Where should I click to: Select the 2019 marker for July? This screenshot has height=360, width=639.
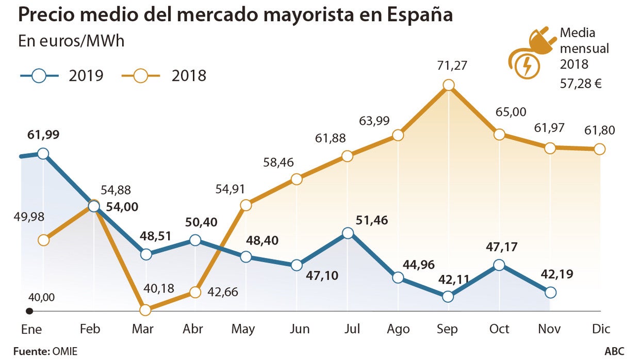click(348, 233)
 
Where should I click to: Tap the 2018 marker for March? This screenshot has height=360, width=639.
click(145, 310)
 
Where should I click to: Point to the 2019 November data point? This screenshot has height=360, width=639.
click(550, 292)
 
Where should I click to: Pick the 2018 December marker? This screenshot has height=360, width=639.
click(599, 149)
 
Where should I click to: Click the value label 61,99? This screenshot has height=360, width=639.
click(43, 135)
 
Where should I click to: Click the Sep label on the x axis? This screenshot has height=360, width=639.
click(448, 329)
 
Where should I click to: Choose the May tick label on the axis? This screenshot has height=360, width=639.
click(243, 329)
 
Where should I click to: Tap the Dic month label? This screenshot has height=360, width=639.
click(600, 329)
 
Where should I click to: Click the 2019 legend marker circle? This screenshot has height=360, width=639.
click(40, 76)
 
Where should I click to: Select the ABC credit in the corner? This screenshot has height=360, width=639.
click(614, 351)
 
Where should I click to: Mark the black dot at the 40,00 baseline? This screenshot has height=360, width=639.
click(29, 311)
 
